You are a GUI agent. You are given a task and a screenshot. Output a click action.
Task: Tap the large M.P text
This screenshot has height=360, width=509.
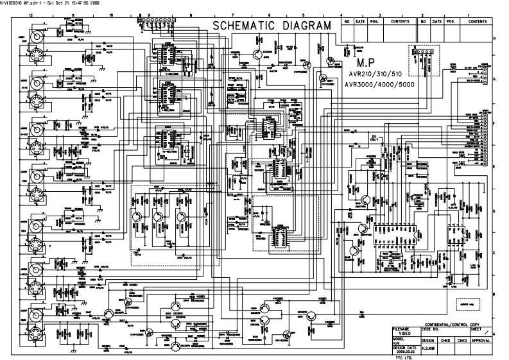[370, 65]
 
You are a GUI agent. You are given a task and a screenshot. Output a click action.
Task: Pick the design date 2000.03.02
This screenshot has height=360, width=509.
[406, 350]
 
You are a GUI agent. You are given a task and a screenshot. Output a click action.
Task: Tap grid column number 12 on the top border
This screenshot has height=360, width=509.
[30, 14]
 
